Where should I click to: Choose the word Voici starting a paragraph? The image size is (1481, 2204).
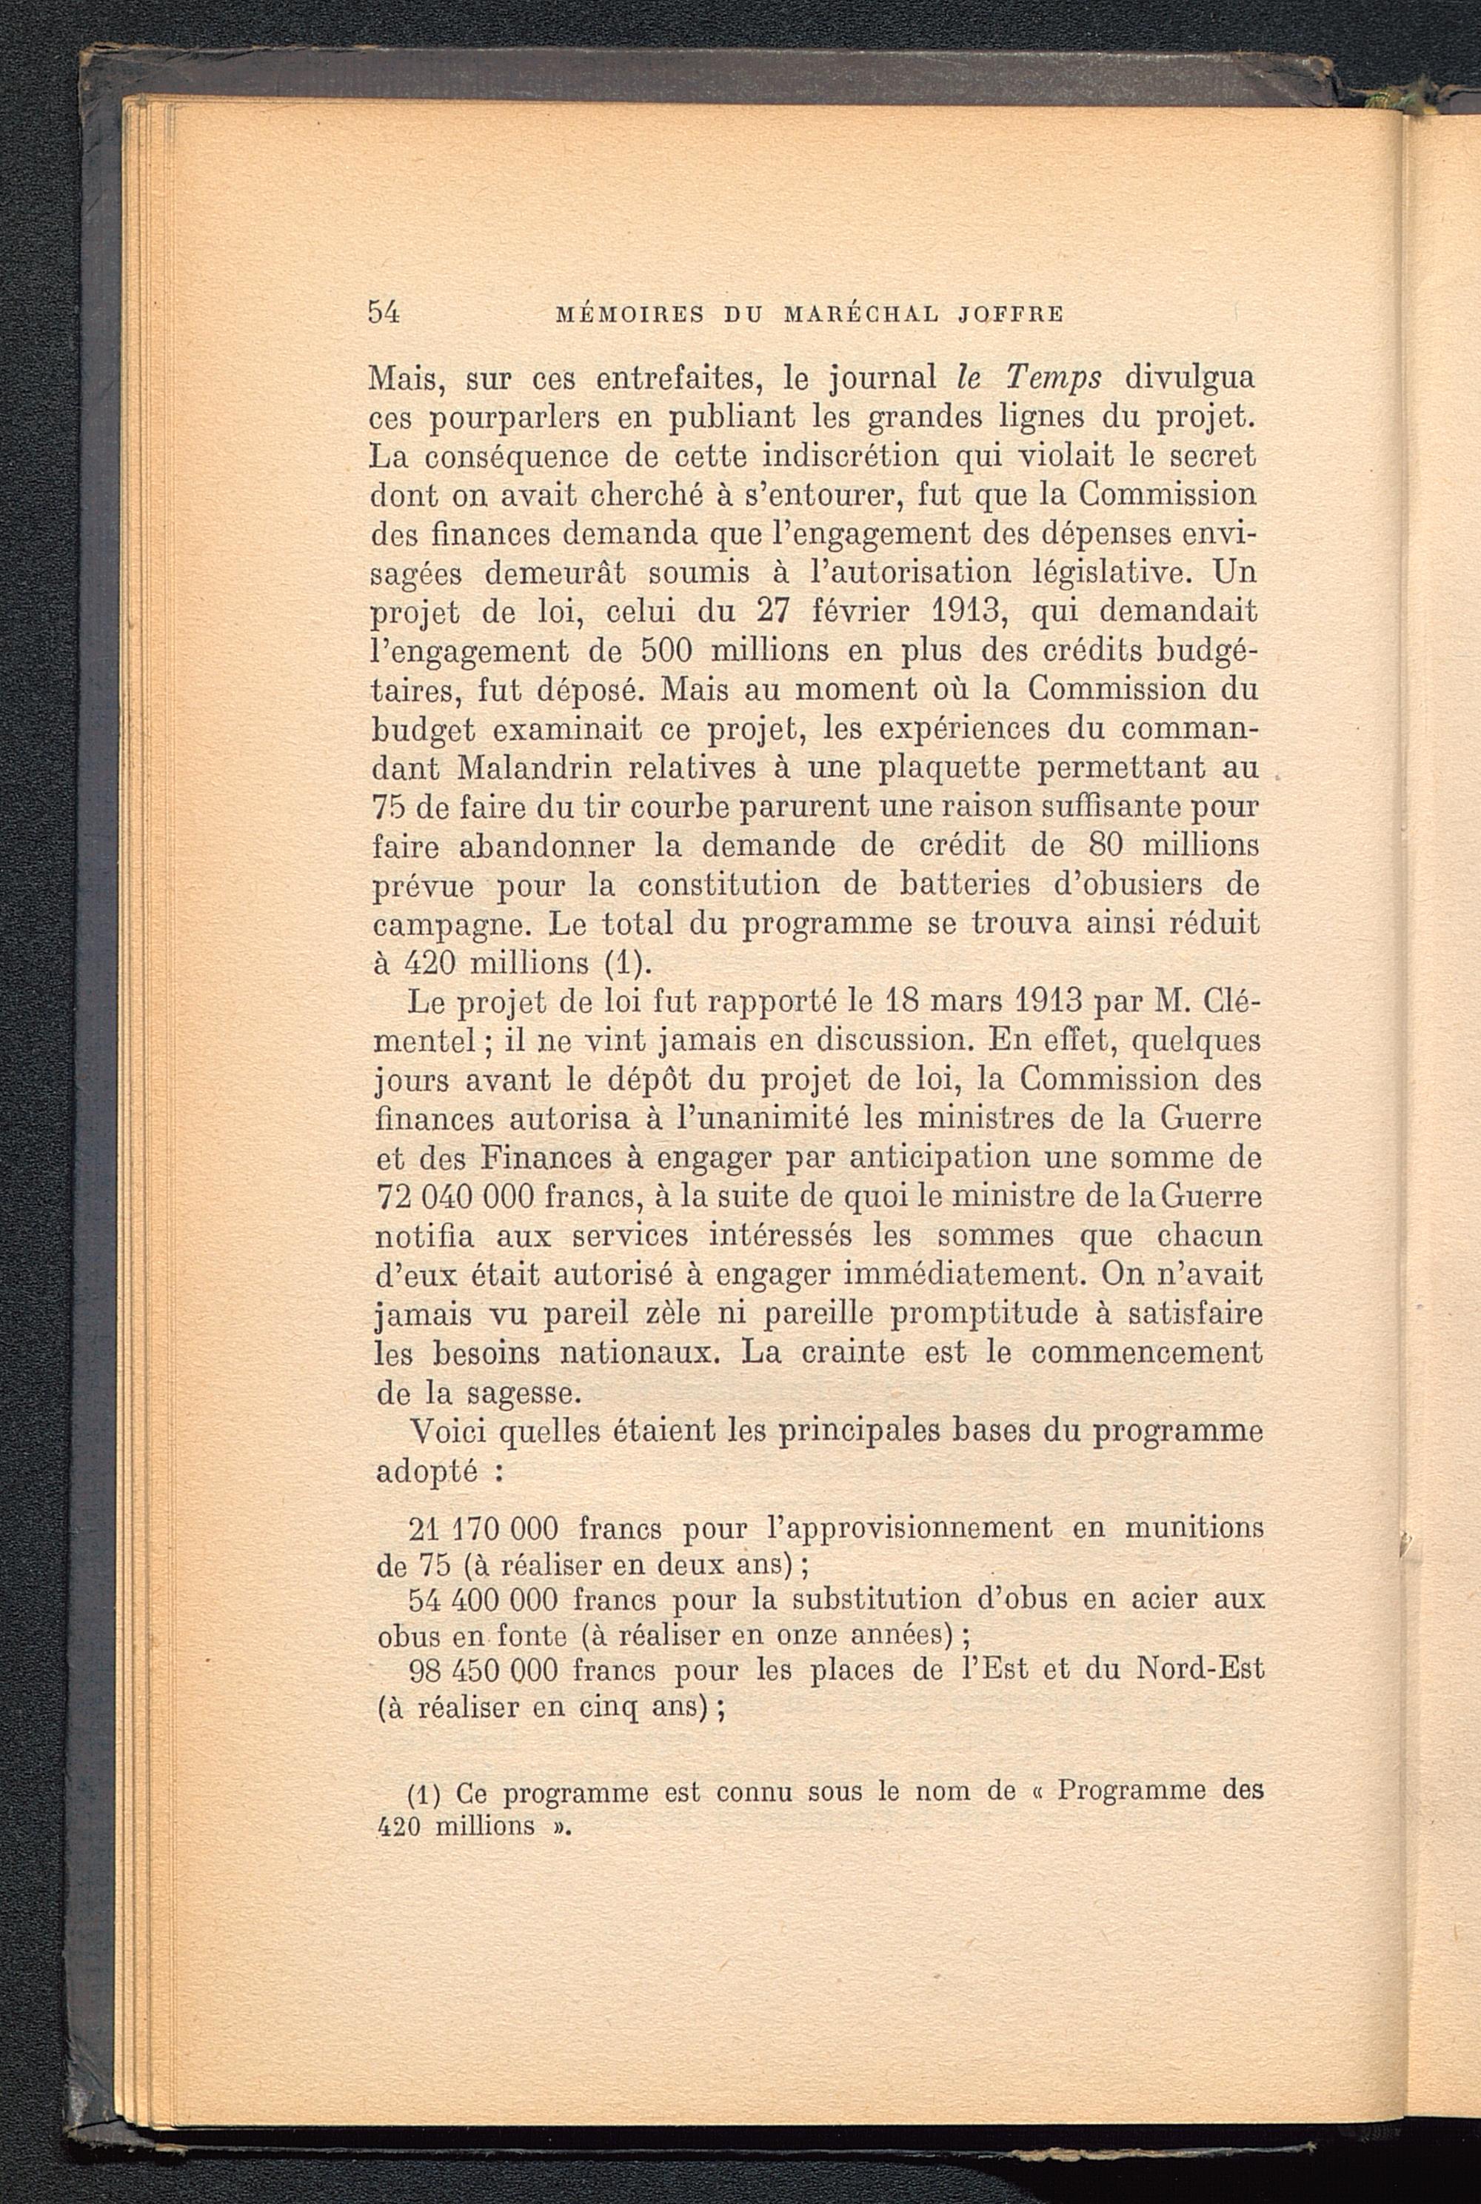pyautogui.click(x=447, y=1433)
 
